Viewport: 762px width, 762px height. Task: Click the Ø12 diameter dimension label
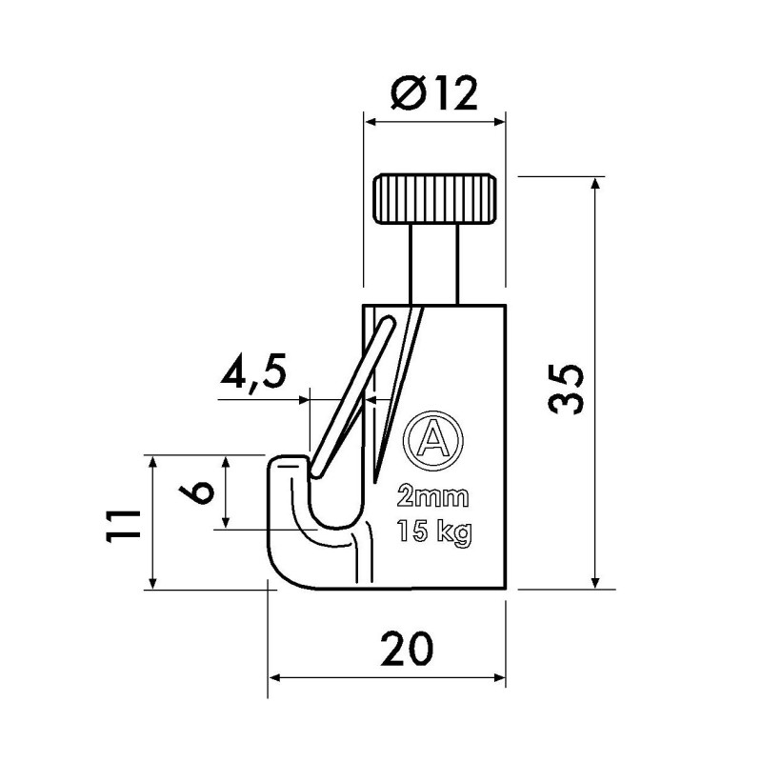[x=433, y=95]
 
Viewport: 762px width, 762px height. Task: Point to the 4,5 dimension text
[x=251, y=374]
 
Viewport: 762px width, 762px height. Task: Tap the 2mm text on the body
[x=432, y=497]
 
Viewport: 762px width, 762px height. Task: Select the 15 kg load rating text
[x=433, y=531]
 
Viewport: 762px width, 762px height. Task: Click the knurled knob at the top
[x=434, y=197]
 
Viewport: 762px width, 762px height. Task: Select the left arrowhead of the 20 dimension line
[x=277, y=678]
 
